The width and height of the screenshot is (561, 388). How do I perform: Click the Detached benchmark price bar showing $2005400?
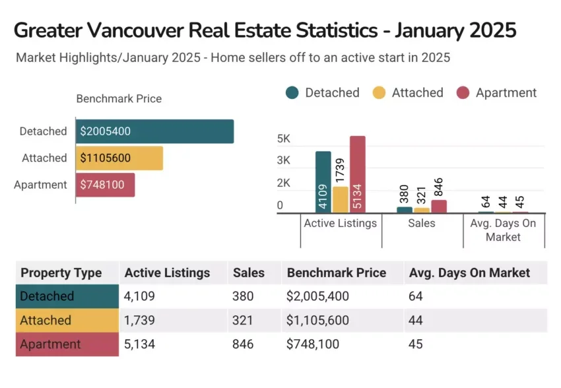pos(154,131)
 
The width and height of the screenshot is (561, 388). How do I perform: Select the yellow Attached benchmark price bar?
pos(119,158)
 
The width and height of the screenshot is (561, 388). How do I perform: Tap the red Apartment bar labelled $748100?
pos(105,185)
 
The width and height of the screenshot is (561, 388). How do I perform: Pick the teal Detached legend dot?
pos(292,93)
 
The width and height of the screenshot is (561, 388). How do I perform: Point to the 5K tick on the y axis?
pos(284,139)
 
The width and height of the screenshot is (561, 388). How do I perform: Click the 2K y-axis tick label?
pos(284,183)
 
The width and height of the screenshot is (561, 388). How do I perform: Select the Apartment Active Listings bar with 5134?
pos(357,174)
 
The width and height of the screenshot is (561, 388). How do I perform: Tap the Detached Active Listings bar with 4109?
pos(323,182)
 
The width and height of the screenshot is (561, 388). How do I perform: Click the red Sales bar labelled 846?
pos(438,206)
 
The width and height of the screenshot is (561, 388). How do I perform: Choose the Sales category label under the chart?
pos(421,223)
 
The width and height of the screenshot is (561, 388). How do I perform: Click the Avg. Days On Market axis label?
pos(503,230)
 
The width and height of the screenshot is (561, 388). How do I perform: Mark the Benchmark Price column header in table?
pos(336,273)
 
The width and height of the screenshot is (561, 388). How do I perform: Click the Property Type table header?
pos(61,273)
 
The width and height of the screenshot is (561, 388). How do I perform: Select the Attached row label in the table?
pos(46,320)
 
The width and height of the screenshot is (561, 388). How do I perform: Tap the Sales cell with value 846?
pos(243,344)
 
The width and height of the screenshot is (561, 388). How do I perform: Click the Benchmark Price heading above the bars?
pos(119,99)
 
